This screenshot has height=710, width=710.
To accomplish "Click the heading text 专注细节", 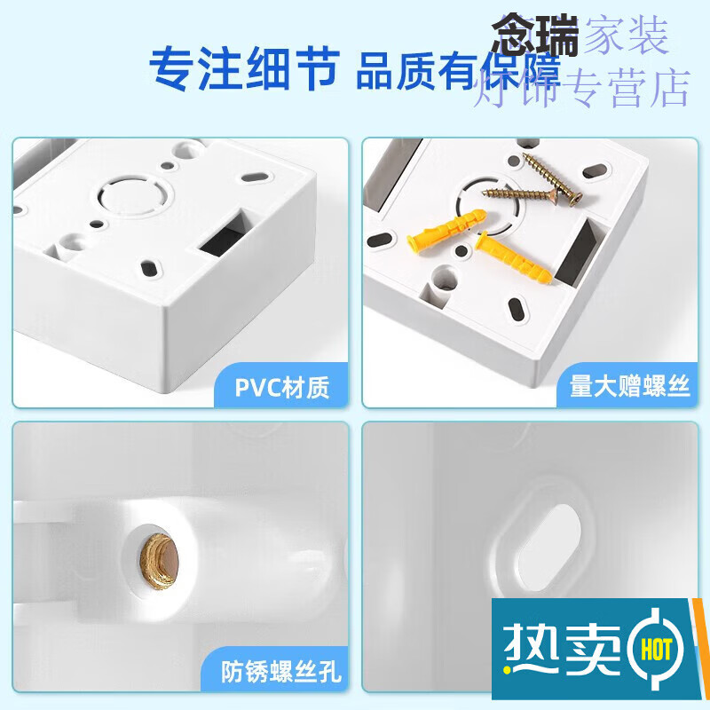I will [x=243, y=67].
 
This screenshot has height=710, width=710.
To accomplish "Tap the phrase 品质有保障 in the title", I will [x=458, y=71].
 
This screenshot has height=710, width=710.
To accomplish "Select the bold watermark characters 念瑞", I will [x=536, y=35].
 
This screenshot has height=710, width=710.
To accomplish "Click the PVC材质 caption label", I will [x=282, y=387].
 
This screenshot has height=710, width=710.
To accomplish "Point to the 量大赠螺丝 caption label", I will [x=629, y=387].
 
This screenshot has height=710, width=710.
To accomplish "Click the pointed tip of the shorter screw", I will [x=485, y=190].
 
